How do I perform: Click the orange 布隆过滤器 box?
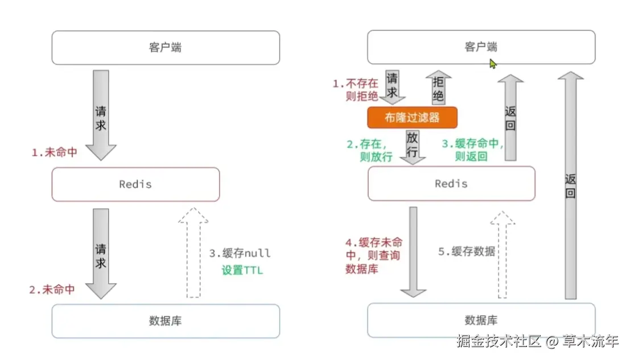tap(413, 118)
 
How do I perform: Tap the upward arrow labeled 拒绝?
tap(438, 88)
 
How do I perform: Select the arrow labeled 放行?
tap(413, 146)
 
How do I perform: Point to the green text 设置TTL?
tap(242, 270)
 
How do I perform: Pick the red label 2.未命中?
tap(52, 289)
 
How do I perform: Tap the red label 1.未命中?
tap(55, 152)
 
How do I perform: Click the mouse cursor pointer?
tap(492, 63)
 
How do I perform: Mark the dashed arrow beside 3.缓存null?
tap(193, 251)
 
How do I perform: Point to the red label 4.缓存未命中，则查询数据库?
tap(373, 255)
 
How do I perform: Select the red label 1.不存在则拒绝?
tap(355, 90)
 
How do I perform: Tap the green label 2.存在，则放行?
tap(370, 151)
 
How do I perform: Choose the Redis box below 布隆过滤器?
tap(451, 184)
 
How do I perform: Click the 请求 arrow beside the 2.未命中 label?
tap(101, 255)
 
